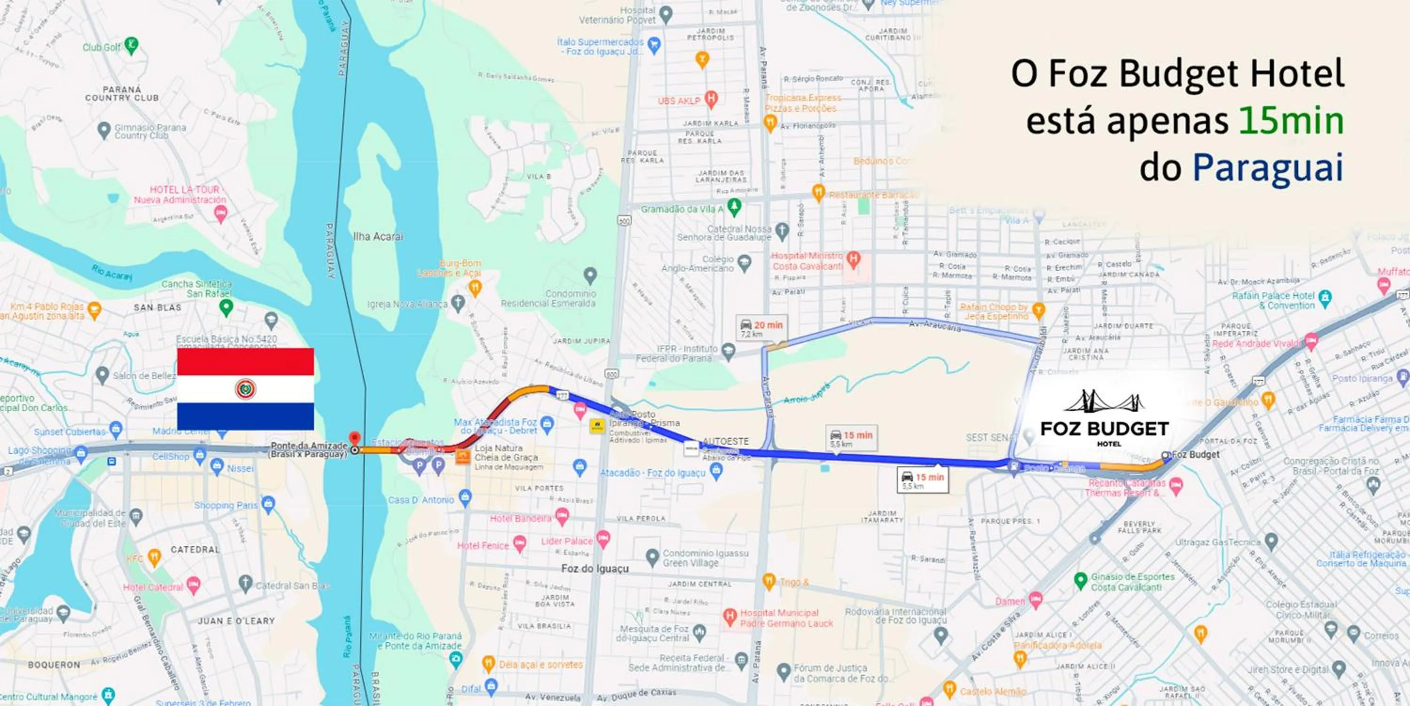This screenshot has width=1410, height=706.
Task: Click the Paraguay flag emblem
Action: point(246,389)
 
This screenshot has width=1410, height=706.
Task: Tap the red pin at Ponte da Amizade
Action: point(355,439)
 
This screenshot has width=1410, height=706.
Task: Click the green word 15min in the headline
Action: point(1291,121)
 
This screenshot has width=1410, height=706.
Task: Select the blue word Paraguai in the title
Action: point(1268,168)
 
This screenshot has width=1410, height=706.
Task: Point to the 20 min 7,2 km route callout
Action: point(762,329)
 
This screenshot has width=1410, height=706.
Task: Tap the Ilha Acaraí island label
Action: point(378,236)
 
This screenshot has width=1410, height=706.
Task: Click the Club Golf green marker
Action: point(132,45)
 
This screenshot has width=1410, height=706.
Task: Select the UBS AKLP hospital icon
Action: point(711,99)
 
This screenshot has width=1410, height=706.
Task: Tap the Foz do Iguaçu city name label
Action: point(595,569)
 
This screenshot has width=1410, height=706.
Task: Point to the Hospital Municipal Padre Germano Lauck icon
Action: point(729,617)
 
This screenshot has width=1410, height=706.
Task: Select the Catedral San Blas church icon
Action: point(246,583)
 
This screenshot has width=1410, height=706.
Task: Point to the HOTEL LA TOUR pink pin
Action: point(220,214)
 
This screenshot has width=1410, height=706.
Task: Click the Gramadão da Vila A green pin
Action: point(735,207)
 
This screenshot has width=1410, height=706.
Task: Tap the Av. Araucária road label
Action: point(934,326)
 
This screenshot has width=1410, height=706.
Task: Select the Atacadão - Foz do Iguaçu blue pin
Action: point(716,472)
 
